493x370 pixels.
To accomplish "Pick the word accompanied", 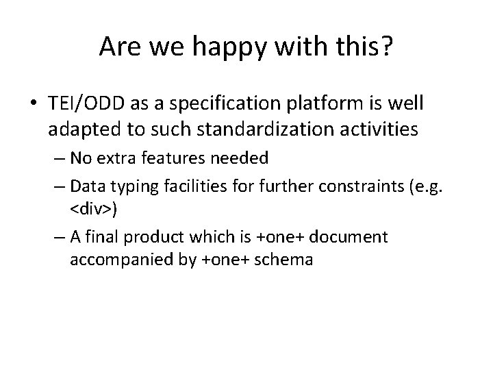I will pos(112,260).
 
